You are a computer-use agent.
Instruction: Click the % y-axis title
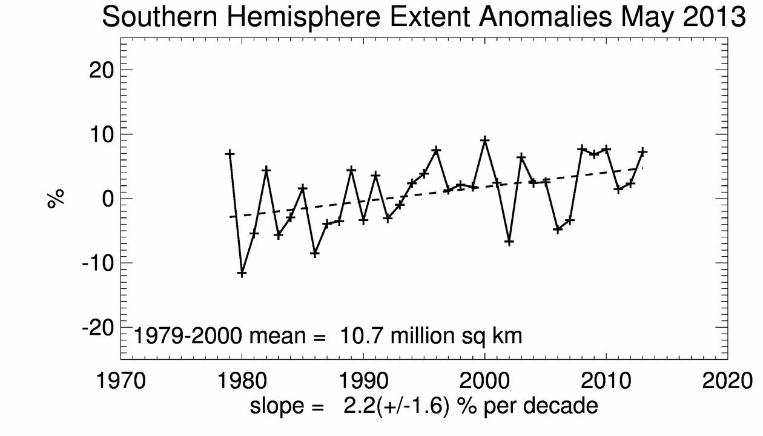(56, 198)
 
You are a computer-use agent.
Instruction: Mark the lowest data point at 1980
(242, 273)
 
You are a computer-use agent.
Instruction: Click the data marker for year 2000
(484, 140)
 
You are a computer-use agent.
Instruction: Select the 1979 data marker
(230, 154)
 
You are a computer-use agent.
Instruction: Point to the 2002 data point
(509, 242)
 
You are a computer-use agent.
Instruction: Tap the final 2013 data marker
(642, 151)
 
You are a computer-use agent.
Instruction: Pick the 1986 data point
(315, 253)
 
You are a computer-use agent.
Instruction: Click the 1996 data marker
(436, 150)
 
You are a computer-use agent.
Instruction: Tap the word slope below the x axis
(277, 406)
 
